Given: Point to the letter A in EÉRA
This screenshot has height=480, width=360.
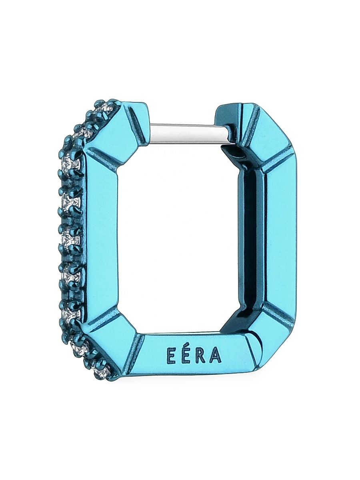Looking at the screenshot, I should pos(215,355).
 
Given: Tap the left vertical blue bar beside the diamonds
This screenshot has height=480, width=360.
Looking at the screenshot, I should pos(100,240).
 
